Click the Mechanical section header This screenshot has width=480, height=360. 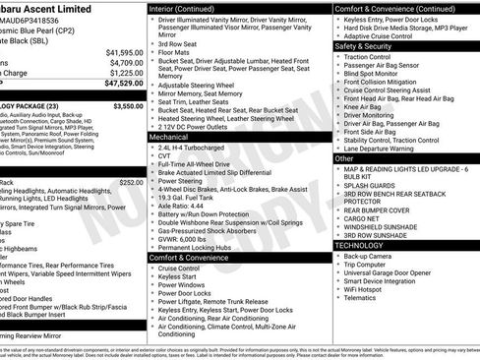tap(168, 139)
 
